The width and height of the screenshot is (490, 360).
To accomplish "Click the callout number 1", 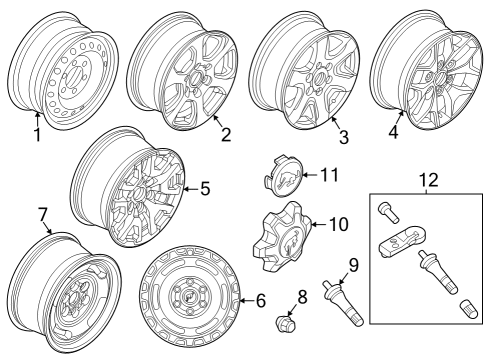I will click(x=36, y=134).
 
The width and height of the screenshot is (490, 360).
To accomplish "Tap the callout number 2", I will click(x=226, y=134).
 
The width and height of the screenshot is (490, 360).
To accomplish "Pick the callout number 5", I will click(x=205, y=186).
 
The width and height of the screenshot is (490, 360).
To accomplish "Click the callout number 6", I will click(x=260, y=298).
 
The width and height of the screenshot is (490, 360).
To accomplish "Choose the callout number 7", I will click(x=42, y=215).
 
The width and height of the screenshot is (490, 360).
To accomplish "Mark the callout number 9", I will click(x=353, y=265).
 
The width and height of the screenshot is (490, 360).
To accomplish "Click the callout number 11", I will click(x=331, y=174).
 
